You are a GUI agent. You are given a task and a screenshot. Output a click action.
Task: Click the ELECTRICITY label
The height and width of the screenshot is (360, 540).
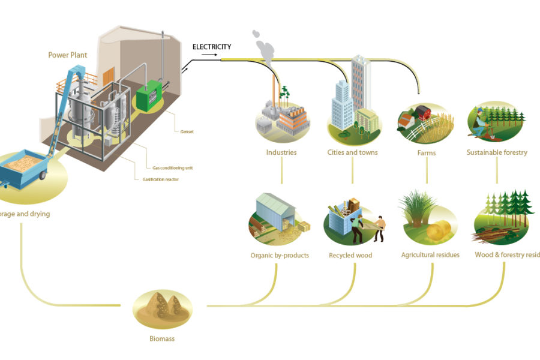pos(212,47)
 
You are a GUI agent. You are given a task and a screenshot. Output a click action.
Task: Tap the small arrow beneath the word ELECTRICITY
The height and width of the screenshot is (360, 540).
pos(209,55)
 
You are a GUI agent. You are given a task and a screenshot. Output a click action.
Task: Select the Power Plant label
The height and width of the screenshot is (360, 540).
pos(68,55)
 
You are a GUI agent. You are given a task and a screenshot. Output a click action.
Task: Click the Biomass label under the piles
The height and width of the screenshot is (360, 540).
pos(162,339)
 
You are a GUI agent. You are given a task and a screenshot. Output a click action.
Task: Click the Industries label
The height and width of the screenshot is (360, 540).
pos(281,152)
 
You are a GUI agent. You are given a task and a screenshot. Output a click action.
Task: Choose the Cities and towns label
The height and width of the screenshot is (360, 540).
pos(352,152)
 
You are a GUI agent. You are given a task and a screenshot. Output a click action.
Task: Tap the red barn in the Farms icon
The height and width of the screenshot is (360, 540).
pos(424,112)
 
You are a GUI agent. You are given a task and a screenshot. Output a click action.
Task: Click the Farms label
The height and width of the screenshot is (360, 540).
pos(426,152)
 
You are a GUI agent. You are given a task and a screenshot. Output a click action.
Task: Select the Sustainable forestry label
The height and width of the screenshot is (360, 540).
pos(497,152)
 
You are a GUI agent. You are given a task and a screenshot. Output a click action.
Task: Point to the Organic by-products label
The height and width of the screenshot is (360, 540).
pos(280,256)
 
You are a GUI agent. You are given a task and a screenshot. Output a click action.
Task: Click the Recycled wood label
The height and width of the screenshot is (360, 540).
pos(350,256)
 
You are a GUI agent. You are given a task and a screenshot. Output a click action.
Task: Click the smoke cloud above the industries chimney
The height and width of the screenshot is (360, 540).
pos(263,44)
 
